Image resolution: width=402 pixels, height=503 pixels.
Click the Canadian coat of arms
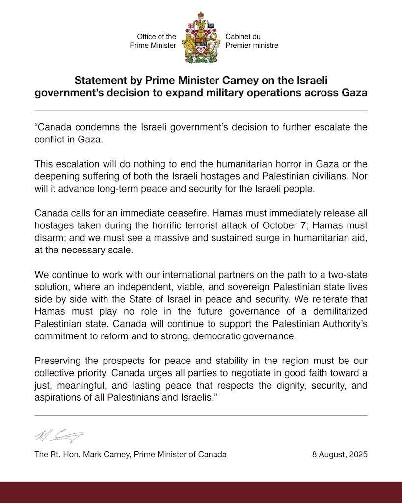point(200,38)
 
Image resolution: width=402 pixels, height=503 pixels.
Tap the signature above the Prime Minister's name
point(59,435)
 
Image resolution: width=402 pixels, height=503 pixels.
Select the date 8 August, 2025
point(340,455)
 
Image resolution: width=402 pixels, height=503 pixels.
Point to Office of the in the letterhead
point(156,37)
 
